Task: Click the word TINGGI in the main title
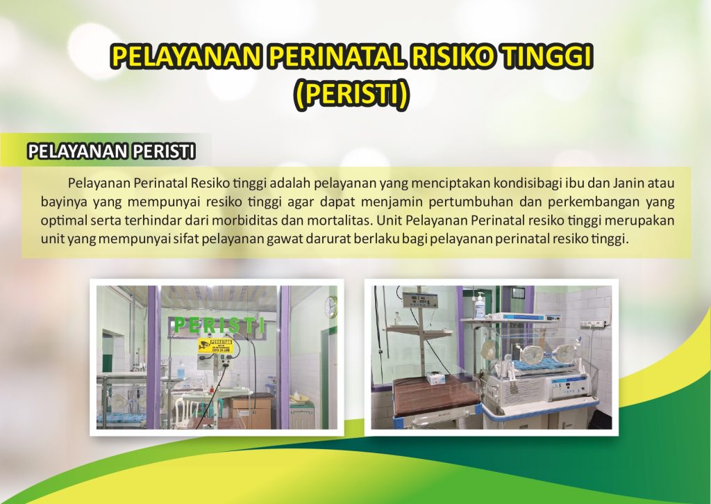point(547,56)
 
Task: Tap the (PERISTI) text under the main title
point(351,95)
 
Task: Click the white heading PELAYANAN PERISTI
point(112,152)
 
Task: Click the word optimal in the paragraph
point(64,221)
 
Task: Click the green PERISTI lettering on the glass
point(219,325)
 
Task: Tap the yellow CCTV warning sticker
point(215,346)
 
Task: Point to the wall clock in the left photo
point(331,307)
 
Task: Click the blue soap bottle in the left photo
point(181,368)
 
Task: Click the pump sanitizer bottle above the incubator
point(480,305)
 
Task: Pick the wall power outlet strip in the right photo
point(593,324)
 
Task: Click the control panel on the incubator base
point(572,387)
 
